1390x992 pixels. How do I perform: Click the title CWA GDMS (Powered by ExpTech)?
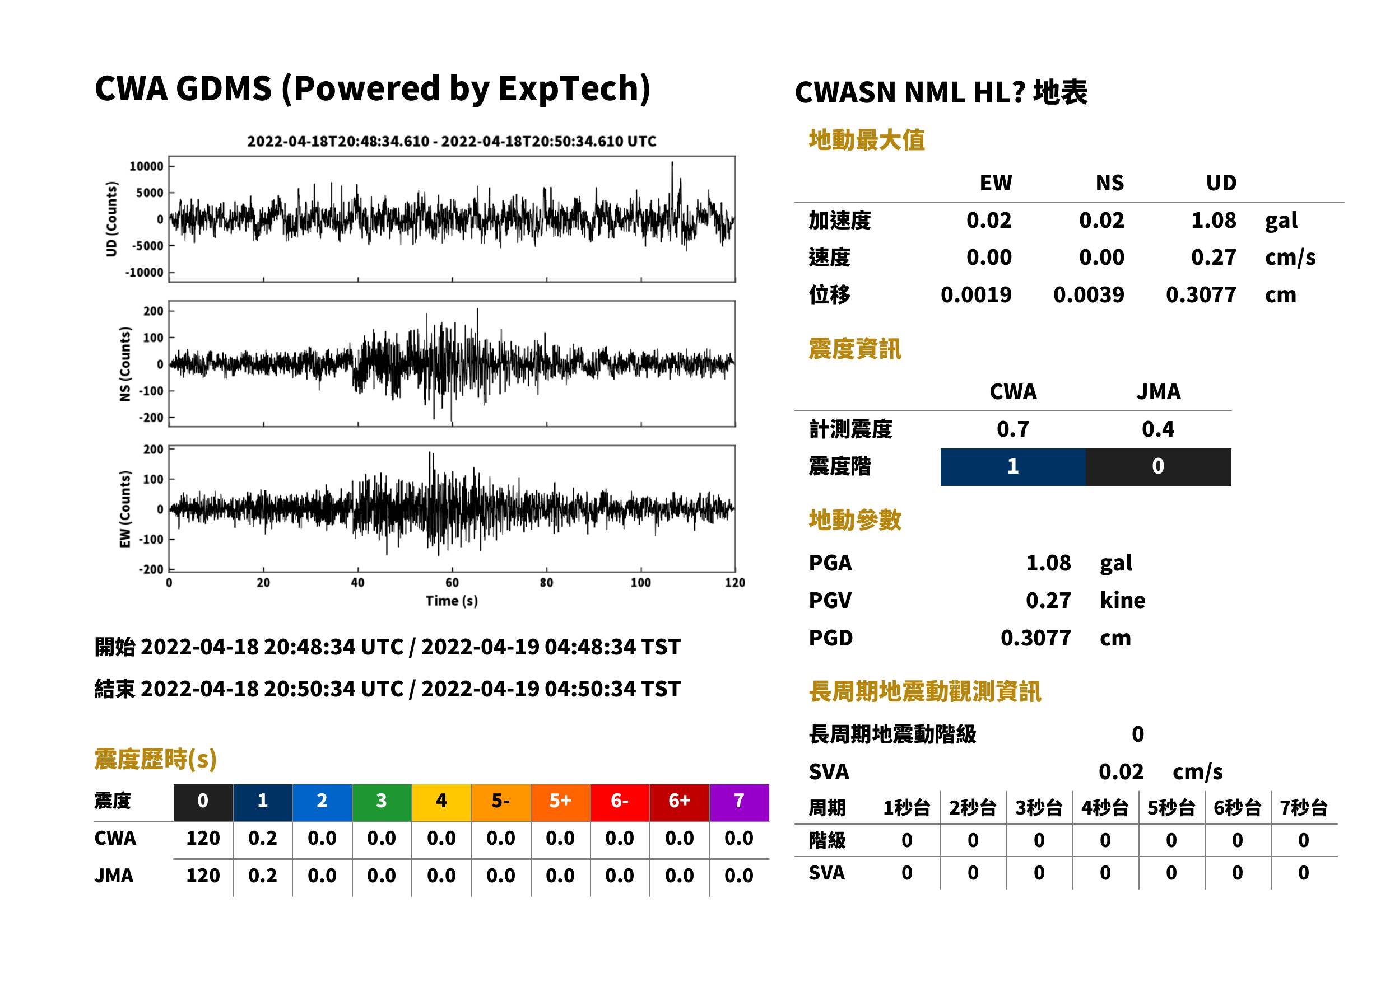pos(372,89)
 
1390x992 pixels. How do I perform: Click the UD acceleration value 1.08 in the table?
pos(1214,221)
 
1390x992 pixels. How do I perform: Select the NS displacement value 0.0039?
pos(1088,295)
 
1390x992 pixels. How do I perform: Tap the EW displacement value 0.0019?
pos(975,295)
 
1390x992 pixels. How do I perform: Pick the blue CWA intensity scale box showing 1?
pos(1013,467)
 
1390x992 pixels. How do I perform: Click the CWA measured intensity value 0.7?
pos(1013,429)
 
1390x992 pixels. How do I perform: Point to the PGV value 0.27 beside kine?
pos(1048,601)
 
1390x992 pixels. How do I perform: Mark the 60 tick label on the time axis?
pos(452,583)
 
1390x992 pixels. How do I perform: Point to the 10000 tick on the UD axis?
pos(146,166)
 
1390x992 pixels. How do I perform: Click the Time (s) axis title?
pos(452,601)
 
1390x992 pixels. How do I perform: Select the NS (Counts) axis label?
pos(125,364)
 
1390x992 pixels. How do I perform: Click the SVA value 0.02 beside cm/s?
pos(1121,772)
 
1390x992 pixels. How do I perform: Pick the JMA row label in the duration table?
pos(114,876)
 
